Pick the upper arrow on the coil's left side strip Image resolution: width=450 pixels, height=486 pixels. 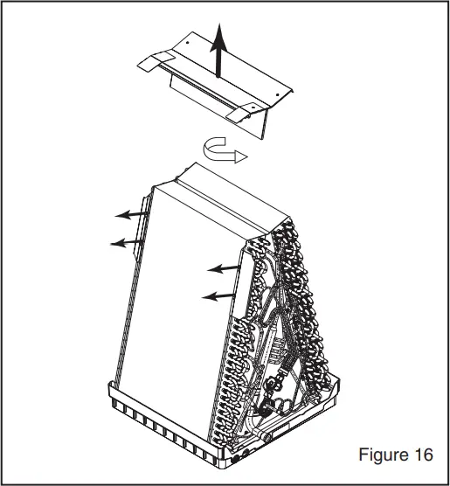pyautogui.click(x=132, y=213)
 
